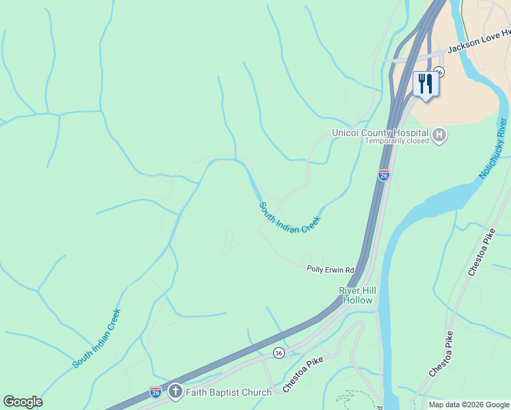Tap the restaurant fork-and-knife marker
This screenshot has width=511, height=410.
[426, 84]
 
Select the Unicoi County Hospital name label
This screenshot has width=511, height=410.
[380, 133]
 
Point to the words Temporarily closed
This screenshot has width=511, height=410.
[396, 141]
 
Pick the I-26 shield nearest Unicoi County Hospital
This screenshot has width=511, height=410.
[384, 176]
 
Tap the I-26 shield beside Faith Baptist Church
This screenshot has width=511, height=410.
[156, 392]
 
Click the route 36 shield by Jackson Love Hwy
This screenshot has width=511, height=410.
[439, 72]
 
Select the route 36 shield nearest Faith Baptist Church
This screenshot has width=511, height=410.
[279, 353]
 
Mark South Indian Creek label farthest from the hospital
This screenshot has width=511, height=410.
[97, 339]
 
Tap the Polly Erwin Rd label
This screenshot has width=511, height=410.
[330, 269]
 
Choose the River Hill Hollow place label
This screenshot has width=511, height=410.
[357, 295]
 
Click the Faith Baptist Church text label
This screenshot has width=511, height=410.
[229, 392]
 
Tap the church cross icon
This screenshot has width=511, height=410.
[176, 392]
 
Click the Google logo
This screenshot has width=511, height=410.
[23, 402]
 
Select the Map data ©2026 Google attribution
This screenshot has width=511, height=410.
[469, 405]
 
